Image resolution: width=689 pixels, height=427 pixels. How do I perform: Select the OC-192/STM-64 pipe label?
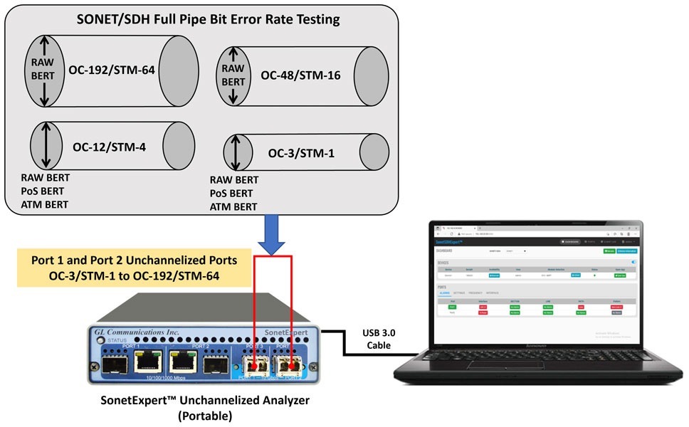[x=112, y=69]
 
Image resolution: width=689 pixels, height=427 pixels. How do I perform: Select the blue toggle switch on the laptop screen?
[x=633, y=262]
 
